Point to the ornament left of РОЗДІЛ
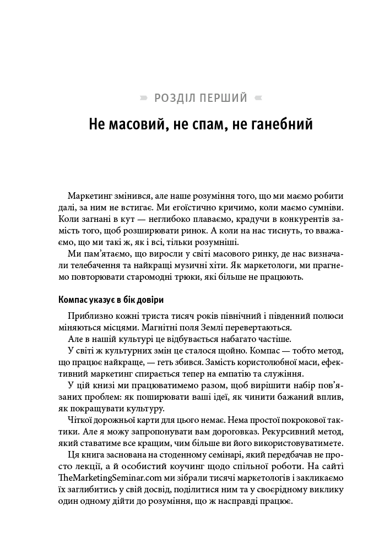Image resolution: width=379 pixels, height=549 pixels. coord(144,99)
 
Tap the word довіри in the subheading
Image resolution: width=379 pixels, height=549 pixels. coord(149,300)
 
